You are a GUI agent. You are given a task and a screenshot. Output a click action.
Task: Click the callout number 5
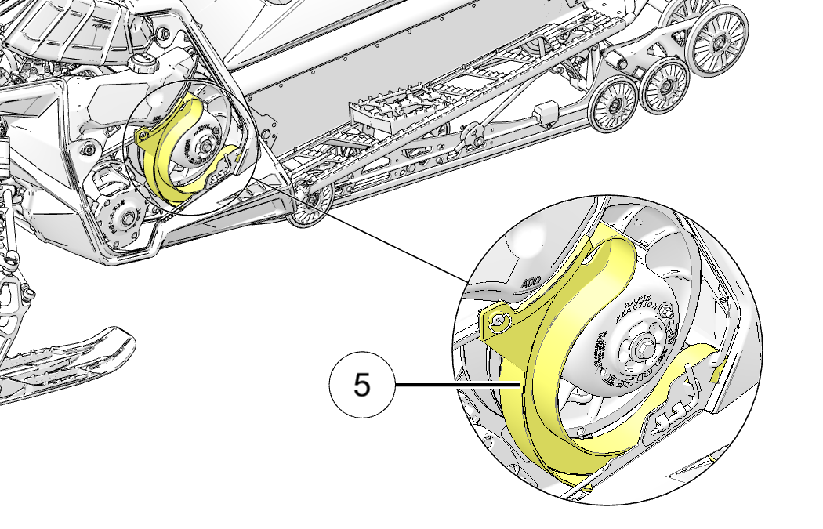(361, 385)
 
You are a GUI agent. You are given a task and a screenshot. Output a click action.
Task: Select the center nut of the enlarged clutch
(644, 344)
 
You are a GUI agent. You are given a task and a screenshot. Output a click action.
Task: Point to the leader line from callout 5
(455, 385)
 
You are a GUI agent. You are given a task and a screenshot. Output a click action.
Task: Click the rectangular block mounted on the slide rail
(546, 114)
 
